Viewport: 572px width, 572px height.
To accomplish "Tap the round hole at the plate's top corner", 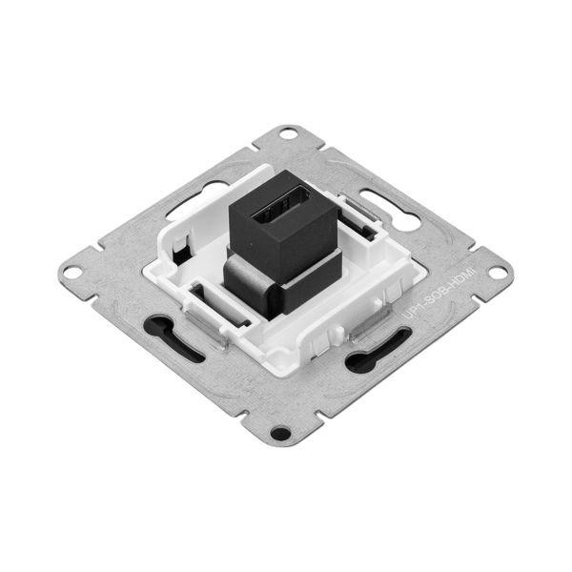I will click(287, 134).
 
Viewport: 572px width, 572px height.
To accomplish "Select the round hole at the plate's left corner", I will click(71, 273).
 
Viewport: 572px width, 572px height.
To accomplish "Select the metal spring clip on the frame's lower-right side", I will click(366, 330).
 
